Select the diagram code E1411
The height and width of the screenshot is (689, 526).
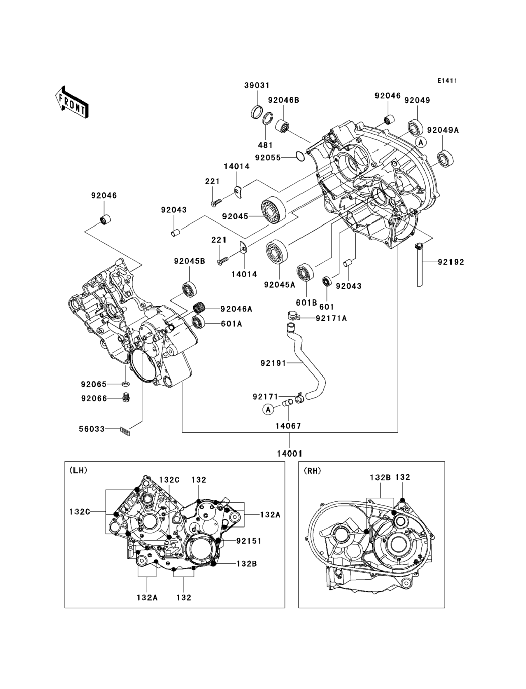447,81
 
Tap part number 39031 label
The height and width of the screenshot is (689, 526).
257,85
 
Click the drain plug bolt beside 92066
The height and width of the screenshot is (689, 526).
126,398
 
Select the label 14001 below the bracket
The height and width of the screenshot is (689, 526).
290,453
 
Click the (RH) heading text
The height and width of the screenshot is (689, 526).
312,471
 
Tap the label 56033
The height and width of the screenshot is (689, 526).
92,429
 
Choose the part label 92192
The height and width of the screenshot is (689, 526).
450,262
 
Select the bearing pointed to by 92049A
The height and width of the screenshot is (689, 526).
445,159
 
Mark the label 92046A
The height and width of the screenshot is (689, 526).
236,309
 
